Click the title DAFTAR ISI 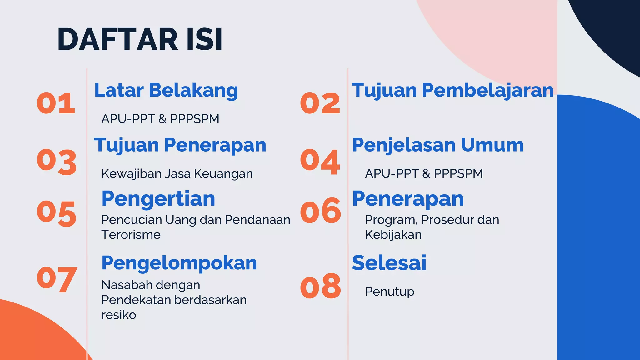pos(140,39)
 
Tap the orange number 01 pos(56,103)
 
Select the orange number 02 pos(320,103)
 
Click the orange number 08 pos(320,286)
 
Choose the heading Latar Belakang pos(166,90)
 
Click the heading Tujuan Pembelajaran pos(452,90)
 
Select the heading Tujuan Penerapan pos(180,145)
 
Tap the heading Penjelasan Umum pos(437,145)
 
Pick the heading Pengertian pos(158,199)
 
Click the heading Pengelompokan pos(179,263)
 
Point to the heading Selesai pos(389,263)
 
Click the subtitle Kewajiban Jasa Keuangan pos(177,173)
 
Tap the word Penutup pos(389,292)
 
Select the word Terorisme pos(131,235)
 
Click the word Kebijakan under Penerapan pos(393,235)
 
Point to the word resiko pos(118,315)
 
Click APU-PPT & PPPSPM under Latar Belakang pos(160,119)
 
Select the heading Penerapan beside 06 pos(407,199)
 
